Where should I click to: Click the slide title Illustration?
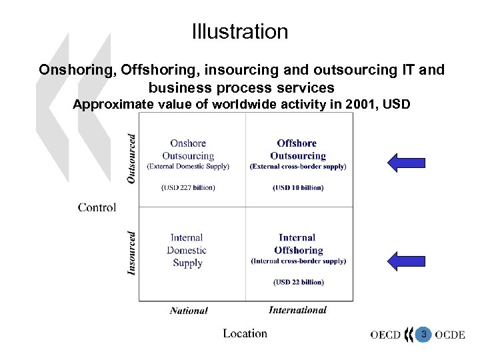(240, 31)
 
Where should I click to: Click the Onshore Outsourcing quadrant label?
(188, 149)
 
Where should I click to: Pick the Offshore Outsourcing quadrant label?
(297, 149)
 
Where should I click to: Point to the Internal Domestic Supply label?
(187, 250)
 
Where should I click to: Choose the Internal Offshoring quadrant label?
(298, 244)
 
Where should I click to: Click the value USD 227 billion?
(188, 187)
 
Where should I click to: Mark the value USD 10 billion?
(298, 187)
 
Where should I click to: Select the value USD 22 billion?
(298, 282)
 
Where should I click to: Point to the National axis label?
(189, 310)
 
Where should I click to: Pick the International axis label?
(297, 309)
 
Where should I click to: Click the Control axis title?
(97, 207)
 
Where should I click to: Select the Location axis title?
(245, 333)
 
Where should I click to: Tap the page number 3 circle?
(423, 334)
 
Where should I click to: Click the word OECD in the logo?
(386, 335)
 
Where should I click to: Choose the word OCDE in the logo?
(450, 335)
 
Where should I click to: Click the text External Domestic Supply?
(188, 166)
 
